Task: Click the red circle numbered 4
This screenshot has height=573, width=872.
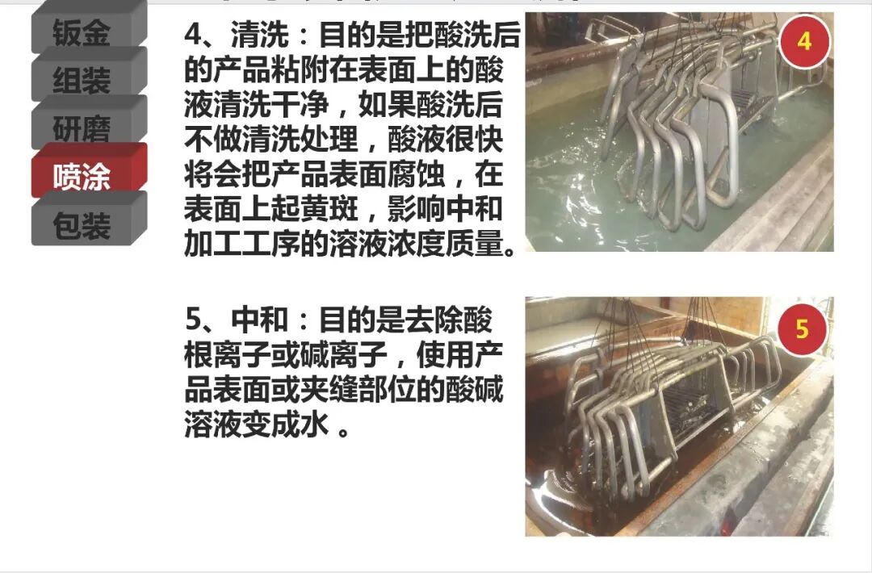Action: click(804, 42)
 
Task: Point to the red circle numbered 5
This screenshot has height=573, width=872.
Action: click(802, 329)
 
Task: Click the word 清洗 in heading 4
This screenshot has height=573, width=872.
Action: click(260, 35)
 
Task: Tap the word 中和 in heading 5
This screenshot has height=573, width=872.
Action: click(260, 320)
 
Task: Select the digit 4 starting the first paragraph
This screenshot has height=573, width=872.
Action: click(193, 36)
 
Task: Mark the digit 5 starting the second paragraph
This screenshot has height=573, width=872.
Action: click(193, 320)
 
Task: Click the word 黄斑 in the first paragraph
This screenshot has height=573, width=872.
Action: click(329, 209)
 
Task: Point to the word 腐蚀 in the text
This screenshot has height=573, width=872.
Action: click(416, 174)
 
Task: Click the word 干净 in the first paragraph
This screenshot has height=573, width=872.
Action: click(300, 104)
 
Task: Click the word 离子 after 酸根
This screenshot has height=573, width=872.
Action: click(242, 354)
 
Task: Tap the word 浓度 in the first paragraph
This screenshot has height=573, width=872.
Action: click(416, 244)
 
